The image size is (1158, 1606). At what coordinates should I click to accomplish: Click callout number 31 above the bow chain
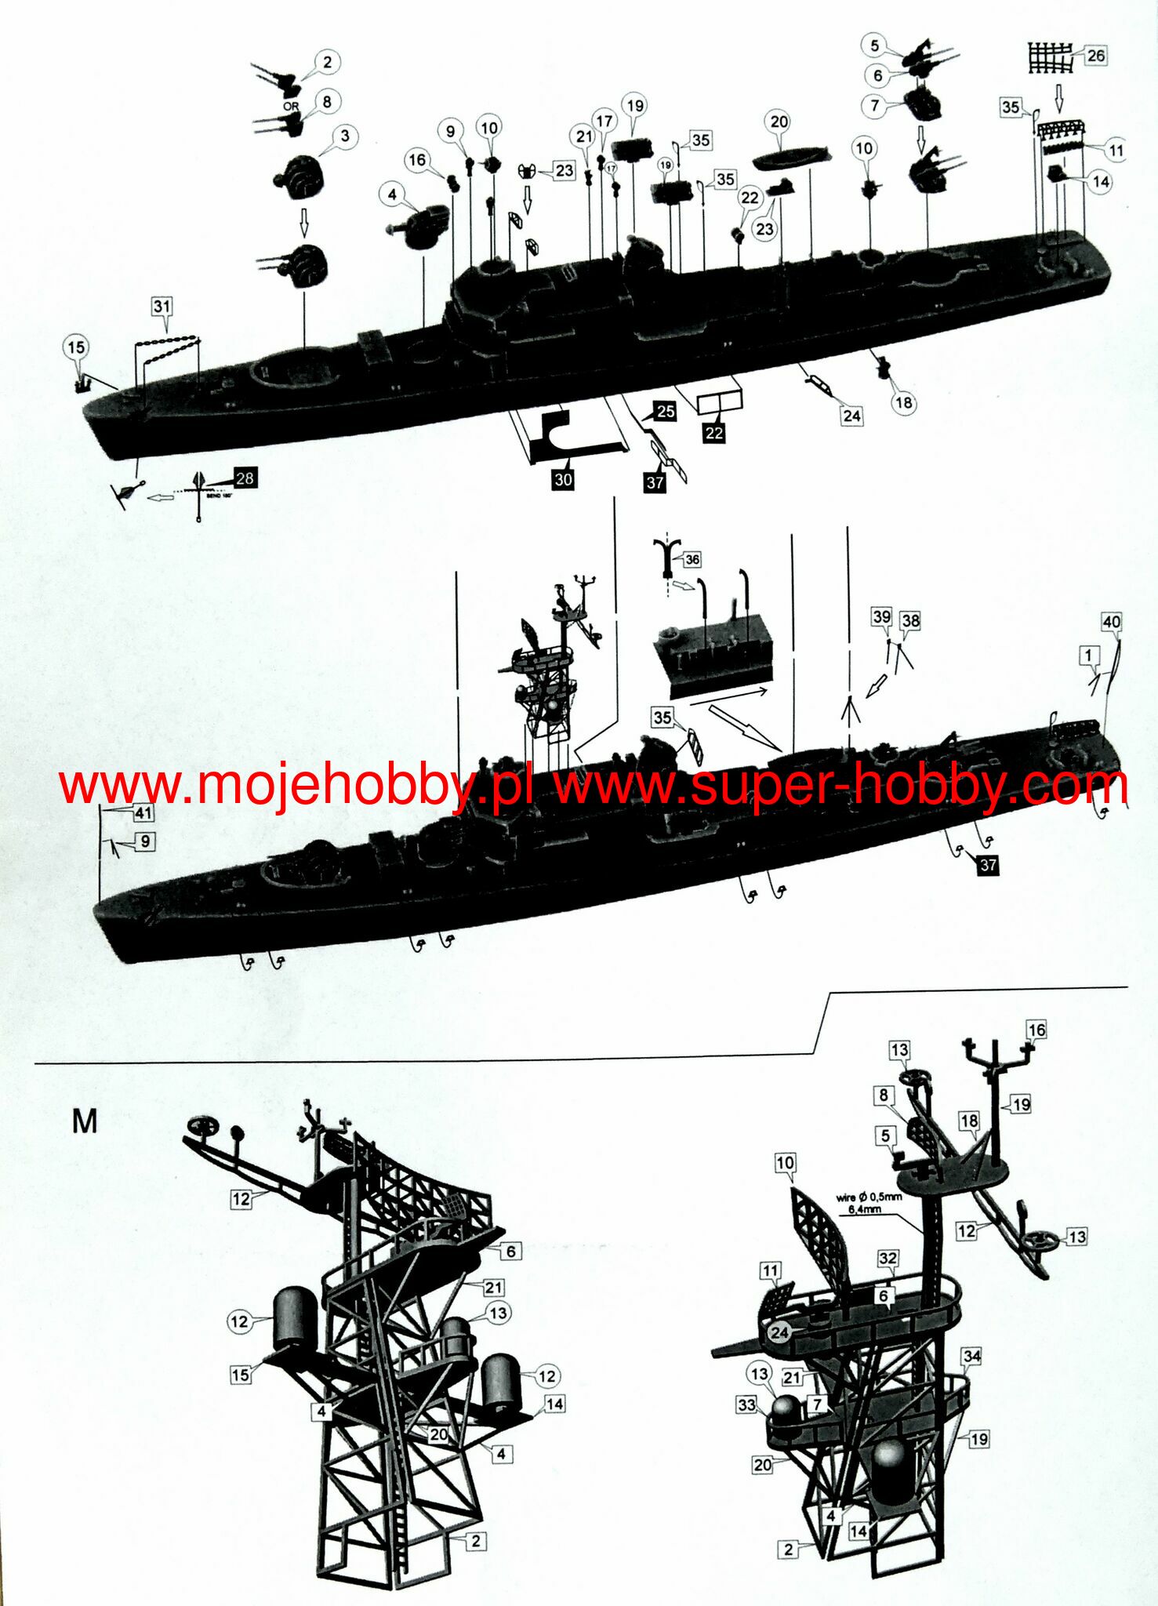coord(162,307)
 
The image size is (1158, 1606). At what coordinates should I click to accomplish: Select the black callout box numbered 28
coord(245,478)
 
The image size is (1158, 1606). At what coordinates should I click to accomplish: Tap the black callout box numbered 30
coord(563,479)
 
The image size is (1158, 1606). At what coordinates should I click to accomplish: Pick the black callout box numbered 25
coord(666,411)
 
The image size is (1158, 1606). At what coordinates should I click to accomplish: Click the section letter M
coord(85,1121)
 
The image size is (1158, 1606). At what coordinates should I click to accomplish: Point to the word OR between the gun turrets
coord(291,106)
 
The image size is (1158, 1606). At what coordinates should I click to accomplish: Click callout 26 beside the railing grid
coord(1095,56)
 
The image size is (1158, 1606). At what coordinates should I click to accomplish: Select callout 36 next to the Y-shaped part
coord(692,560)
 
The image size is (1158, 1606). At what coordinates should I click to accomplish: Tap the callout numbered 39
coord(882,616)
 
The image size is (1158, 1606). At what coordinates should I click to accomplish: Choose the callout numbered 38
coord(910,621)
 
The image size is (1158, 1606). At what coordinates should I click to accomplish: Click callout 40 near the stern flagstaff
coord(1112,622)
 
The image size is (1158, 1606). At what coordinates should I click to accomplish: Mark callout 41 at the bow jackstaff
coord(143,812)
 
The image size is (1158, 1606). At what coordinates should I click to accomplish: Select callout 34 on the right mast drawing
coord(971,1356)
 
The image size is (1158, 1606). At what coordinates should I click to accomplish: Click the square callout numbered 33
coord(746,1404)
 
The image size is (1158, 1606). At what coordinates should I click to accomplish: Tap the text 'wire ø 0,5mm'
coord(869,1197)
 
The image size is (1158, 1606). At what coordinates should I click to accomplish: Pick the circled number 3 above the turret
coord(344,136)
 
